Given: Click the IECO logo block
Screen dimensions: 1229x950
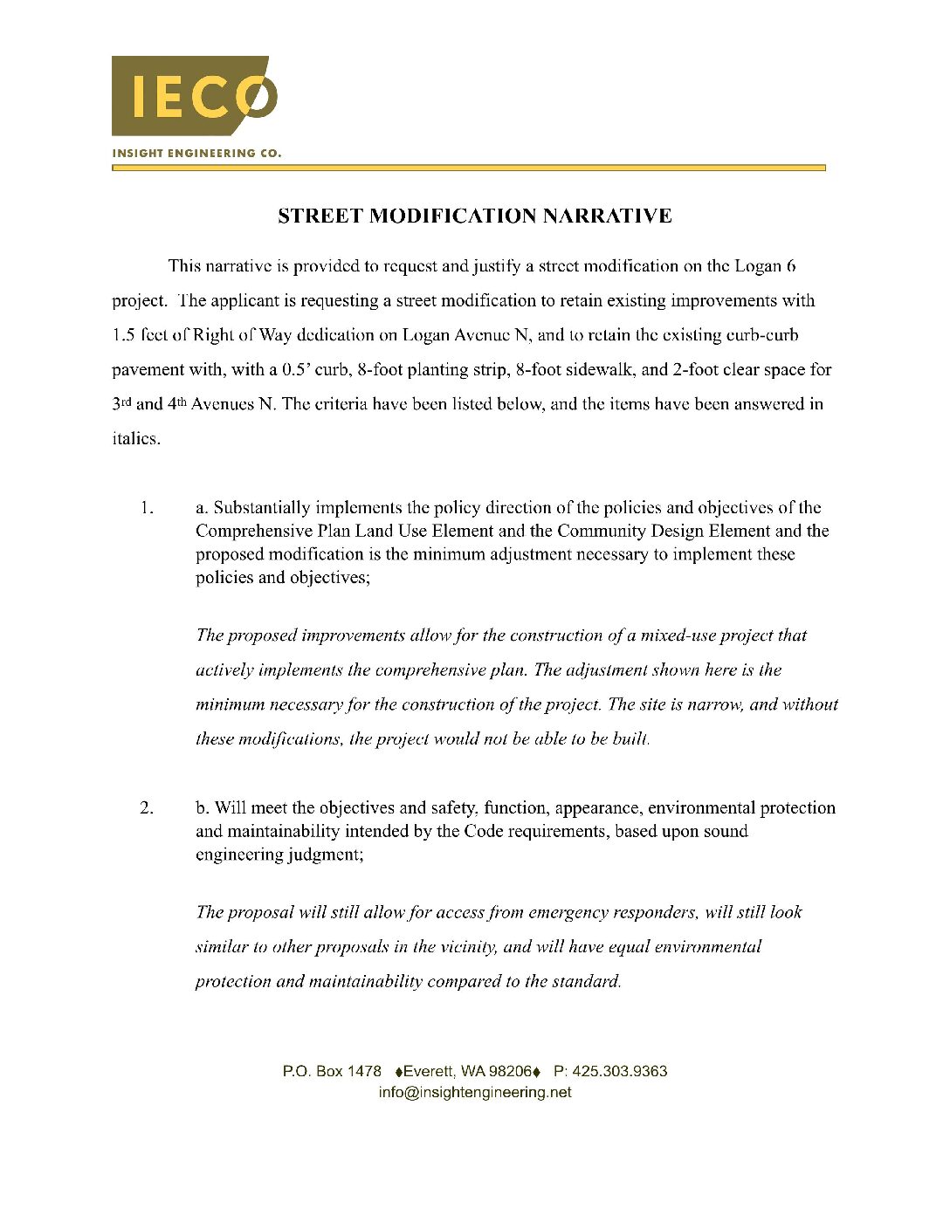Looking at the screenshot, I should click(x=194, y=95).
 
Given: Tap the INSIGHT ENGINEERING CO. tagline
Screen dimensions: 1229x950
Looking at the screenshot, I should click(x=196, y=153).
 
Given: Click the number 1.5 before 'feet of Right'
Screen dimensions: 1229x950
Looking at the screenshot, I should click(x=124, y=335).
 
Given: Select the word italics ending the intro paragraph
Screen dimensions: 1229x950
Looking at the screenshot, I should click(x=135, y=438).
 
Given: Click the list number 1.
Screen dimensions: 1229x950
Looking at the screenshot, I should click(x=147, y=508).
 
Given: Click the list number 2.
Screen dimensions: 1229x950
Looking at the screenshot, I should click(x=147, y=808).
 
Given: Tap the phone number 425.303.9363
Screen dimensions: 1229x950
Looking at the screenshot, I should click(x=620, y=1071).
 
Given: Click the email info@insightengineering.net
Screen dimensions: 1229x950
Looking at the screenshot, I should click(x=475, y=1092).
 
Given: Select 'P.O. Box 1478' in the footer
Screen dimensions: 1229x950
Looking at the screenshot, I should click(x=332, y=1071).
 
